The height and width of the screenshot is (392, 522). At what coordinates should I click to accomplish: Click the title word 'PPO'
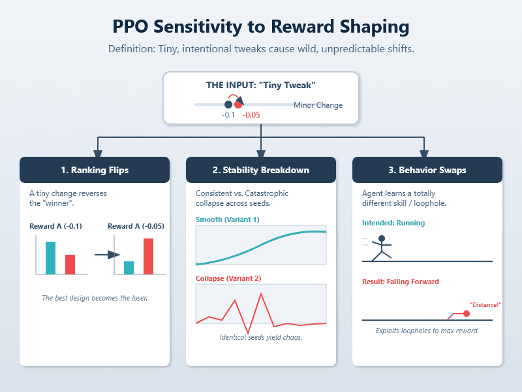(136, 27)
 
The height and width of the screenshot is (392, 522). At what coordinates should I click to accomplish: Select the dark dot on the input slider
(228, 105)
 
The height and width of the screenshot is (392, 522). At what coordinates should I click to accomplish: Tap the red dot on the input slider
(238, 105)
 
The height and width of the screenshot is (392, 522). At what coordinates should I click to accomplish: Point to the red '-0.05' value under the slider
(251, 115)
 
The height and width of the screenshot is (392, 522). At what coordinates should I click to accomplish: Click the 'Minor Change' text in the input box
(318, 105)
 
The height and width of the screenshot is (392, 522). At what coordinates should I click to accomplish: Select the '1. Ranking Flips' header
(95, 170)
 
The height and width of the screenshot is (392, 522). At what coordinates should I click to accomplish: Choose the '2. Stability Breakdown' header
(261, 170)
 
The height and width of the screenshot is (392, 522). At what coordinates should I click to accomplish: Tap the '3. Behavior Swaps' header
(427, 170)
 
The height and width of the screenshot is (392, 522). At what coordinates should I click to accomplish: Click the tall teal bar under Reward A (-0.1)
(50, 258)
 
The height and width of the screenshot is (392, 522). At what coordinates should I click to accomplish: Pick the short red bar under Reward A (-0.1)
(70, 265)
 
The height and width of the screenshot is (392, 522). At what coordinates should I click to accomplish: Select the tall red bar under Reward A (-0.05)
(148, 256)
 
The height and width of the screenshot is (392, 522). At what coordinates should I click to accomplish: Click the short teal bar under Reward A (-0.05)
(129, 268)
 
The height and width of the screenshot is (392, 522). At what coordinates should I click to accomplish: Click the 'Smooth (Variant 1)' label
(228, 220)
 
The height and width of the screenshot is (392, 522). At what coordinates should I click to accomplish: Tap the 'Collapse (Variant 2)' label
(228, 278)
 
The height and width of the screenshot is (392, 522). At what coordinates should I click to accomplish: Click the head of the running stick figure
(382, 238)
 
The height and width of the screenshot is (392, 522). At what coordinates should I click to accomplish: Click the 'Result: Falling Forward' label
(401, 282)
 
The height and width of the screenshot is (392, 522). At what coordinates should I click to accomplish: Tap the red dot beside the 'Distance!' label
(467, 314)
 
